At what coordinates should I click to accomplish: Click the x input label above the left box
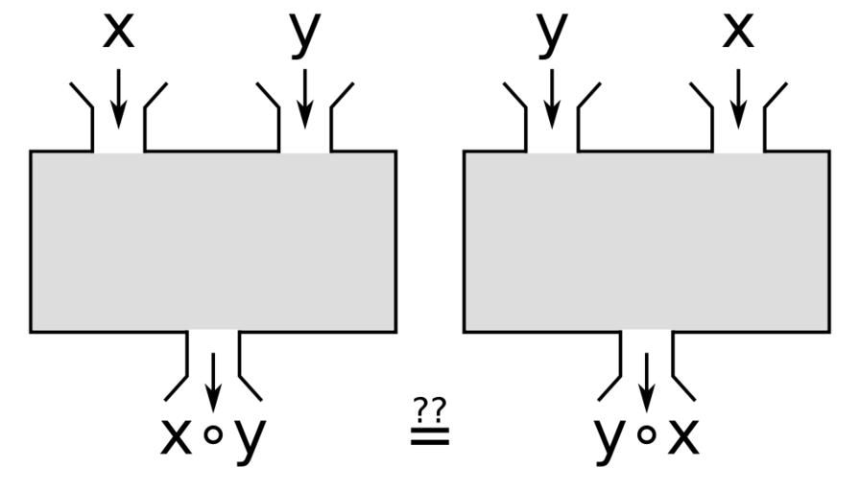point(118,33)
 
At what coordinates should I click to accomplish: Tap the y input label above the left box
point(304,35)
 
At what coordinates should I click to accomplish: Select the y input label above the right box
point(552,35)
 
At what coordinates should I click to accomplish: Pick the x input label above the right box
point(738,33)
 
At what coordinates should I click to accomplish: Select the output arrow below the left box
point(213,380)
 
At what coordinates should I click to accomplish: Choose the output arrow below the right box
point(647,380)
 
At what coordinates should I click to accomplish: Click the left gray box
point(213,242)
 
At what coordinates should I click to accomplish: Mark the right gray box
point(647,242)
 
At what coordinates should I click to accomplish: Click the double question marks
point(429,409)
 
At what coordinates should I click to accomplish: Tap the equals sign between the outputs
point(429,436)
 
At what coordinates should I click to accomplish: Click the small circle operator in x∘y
point(214,435)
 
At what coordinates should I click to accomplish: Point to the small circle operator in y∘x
point(648,435)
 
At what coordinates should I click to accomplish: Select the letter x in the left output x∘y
point(176,437)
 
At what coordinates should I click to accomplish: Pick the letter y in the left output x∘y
point(249,440)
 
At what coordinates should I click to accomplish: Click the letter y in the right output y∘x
point(610,440)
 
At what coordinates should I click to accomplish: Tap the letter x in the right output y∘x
point(684,437)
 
